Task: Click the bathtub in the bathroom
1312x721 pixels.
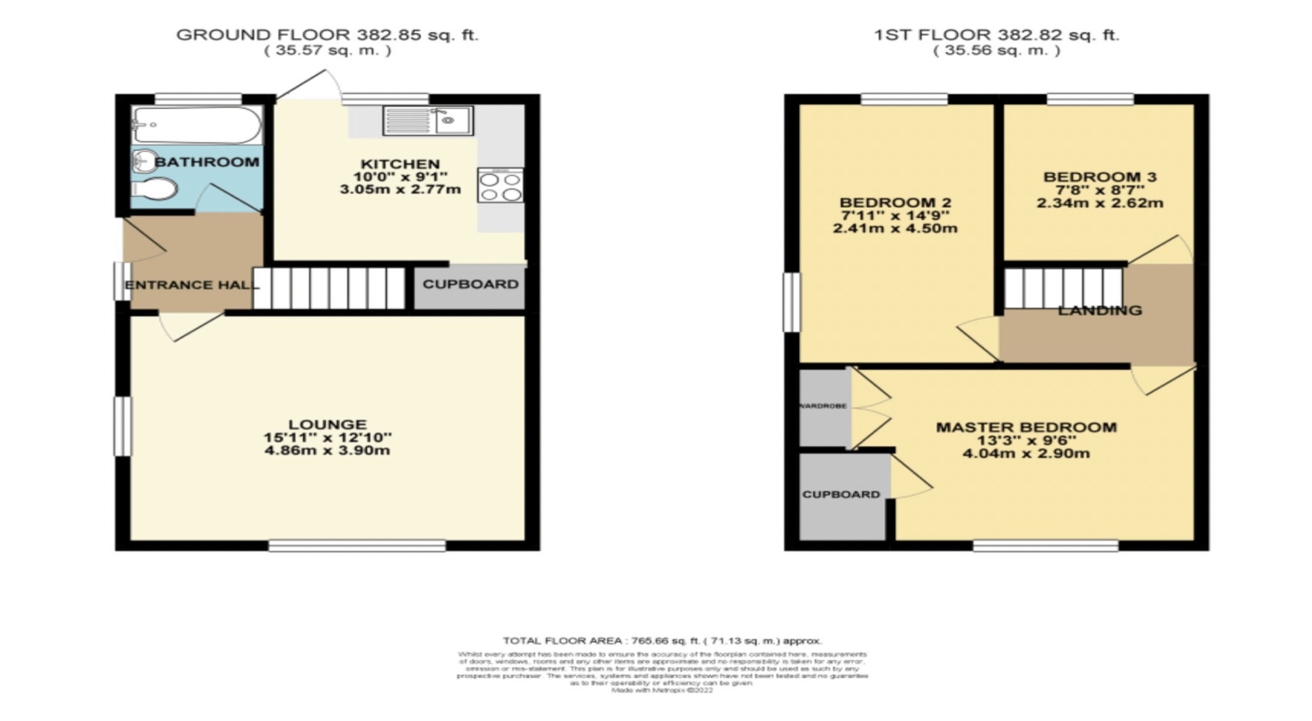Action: coord(197,125)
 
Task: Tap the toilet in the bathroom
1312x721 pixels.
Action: coord(155,189)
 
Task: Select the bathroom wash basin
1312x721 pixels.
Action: coord(144,160)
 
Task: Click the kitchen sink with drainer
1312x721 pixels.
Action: coord(428,120)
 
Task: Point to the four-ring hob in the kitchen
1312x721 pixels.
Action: coord(500,186)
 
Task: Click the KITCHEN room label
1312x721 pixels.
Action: coord(400,164)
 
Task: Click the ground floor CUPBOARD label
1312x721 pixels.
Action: coord(470,284)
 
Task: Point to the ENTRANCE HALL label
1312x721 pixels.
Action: coord(192,285)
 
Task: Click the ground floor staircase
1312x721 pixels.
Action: coord(329,288)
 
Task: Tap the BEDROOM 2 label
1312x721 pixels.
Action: coord(895,203)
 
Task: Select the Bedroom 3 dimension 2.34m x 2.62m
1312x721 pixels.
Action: coord(1100,203)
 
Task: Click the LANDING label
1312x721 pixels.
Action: coord(1100,311)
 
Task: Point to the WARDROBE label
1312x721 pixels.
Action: coord(824,406)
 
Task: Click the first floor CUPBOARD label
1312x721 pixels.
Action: coord(841,495)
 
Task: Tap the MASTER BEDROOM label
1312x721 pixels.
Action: coord(1026,428)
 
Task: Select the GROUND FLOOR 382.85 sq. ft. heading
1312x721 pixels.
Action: coord(327,35)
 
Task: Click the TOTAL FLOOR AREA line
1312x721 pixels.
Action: coord(661,641)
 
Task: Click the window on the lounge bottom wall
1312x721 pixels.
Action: coord(357,546)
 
